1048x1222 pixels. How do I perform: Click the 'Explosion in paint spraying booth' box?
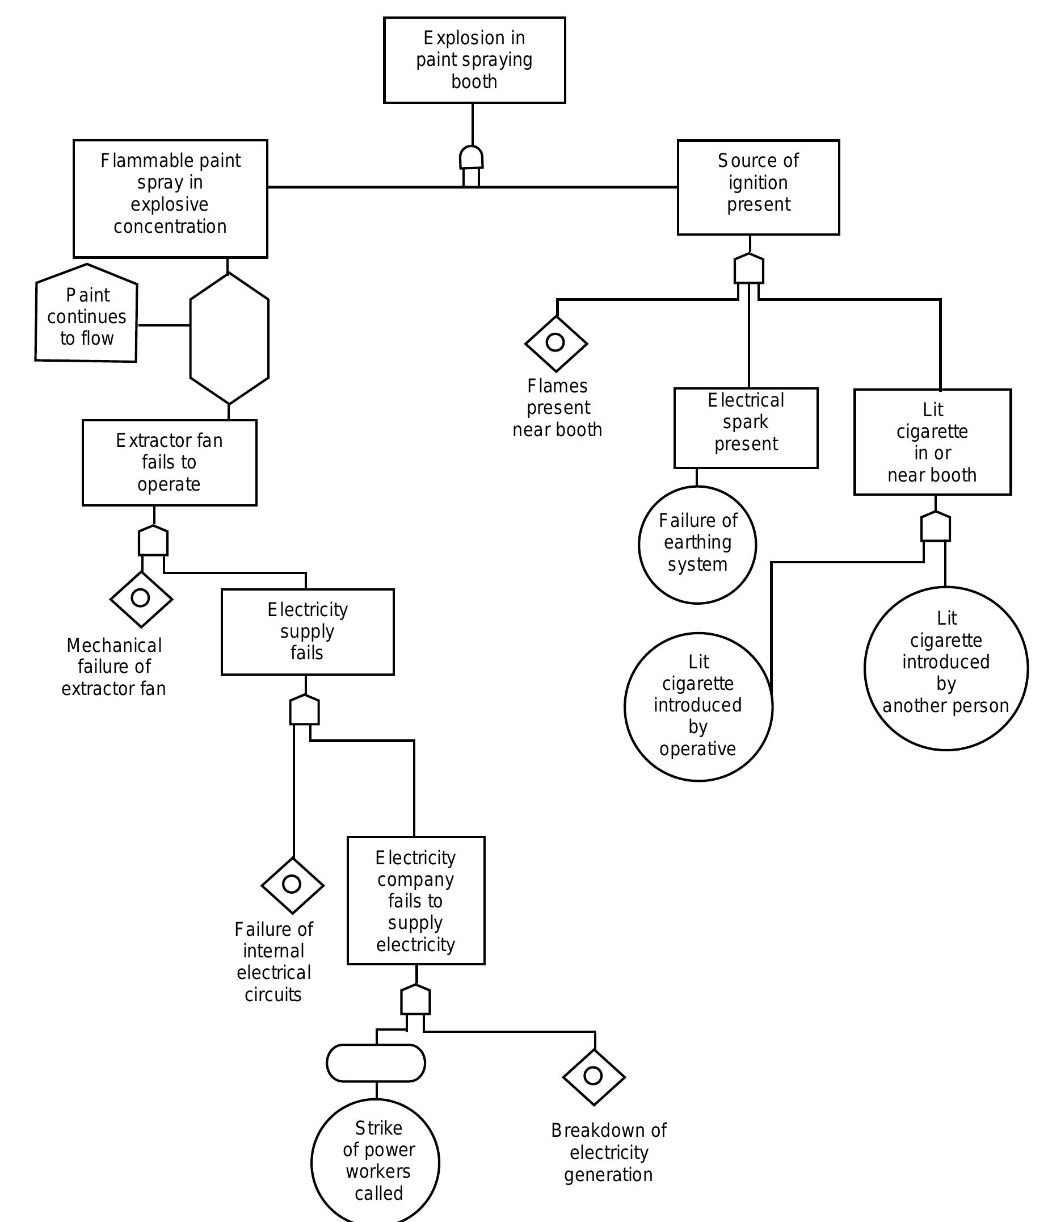click(474, 60)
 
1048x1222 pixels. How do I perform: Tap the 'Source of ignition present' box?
click(758, 187)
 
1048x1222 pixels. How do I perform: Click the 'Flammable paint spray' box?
click(170, 198)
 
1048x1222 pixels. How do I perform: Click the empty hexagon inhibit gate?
click(229, 338)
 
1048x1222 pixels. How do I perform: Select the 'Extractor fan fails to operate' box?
click(169, 462)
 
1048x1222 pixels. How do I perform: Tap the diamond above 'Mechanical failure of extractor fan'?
click(141, 599)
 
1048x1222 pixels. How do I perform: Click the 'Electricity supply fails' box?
click(307, 631)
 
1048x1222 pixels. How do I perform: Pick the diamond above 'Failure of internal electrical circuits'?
click(292, 885)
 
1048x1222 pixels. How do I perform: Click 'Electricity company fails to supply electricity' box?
click(415, 901)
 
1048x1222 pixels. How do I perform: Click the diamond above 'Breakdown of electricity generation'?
click(594, 1076)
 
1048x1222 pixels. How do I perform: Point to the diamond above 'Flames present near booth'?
click(556, 342)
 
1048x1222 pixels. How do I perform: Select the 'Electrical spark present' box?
click(746, 428)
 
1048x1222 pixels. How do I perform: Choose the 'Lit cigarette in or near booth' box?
click(932, 442)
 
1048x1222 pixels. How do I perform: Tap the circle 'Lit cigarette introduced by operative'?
click(698, 706)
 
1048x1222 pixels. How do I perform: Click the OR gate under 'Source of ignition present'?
click(748, 269)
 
